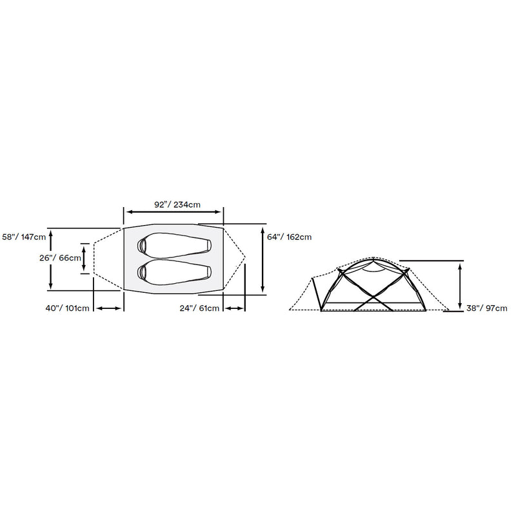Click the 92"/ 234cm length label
pyautogui.click(x=177, y=204)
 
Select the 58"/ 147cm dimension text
pyautogui.click(x=24, y=237)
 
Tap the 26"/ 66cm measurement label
pyautogui.click(x=60, y=258)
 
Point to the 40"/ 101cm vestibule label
pyautogui.click(x=68, y=308)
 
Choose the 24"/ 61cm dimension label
pyautogui.click(x=199, y=308)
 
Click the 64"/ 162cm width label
pyautogui.click(x=289, y=237)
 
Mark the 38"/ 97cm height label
pyautogui.click(x=487, y=308)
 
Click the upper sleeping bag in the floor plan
pyautogui.click(x=174, y=246)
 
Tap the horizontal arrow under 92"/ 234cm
pyautogui.click(x=174, y=212)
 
